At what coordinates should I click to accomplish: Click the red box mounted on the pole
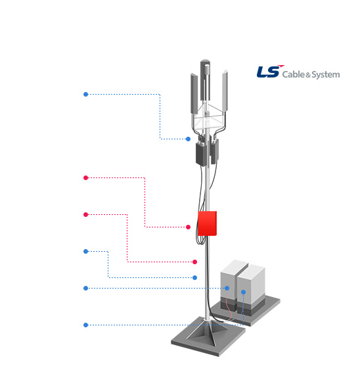pos(207,223)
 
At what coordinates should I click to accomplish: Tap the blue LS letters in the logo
pos(268,72)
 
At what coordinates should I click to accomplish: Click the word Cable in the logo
pos(294,74)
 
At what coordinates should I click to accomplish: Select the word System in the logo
pos(326,75)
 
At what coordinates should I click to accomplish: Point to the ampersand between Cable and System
pos(308,76)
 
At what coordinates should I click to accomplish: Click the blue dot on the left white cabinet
pos(227,288)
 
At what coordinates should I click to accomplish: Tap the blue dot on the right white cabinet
pos(243,292)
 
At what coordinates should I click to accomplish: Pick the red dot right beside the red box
pos(188,227)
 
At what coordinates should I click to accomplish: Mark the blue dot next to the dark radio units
pos(188,139)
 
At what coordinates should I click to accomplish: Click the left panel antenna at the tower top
pos(194,93)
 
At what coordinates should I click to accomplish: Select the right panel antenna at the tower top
pos(225,91)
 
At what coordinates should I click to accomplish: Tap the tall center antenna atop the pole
pos(205,80)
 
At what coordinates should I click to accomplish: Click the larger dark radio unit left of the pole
pos(202,154)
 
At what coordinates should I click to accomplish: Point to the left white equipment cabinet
pos(229,285)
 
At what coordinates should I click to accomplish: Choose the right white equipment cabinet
pos(251,290)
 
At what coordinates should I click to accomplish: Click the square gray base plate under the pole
pos(208,337)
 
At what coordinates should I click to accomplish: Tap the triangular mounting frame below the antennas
pos(208,118)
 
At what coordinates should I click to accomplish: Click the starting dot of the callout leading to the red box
pos(86,177)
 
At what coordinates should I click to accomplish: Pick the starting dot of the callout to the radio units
pos(86,94)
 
